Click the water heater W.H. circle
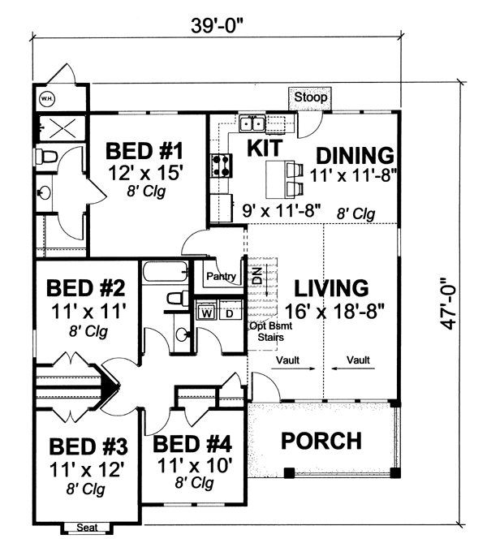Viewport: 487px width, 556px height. (x=47, y=99)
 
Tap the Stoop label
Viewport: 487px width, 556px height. (x=310, y=97)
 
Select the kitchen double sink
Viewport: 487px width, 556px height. (x=252, y=123)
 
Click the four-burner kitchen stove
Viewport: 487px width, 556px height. (x=221, y=166)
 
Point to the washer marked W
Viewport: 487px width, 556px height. (x=206, y=313)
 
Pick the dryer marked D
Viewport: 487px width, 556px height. (x=230, y=313)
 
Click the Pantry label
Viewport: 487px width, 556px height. (x=222, y=276)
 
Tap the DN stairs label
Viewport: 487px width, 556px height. (x=258, y=275)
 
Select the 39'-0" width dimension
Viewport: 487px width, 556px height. (x=218, y=25)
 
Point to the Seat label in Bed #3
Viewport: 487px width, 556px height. (x=87, y=528)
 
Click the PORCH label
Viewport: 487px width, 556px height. (x=321, y=441)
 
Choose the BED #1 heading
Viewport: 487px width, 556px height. (x=144, y=151)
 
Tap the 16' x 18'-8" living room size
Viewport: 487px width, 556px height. (x=334, y=312)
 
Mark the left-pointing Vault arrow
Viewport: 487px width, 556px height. (x=353, y=369)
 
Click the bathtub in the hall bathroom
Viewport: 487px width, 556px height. (x=165, y=272)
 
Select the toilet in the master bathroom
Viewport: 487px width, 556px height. (x=45, y=157)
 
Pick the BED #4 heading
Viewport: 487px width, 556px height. (x=192, y=444)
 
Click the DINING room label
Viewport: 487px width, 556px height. (x=355, y=155)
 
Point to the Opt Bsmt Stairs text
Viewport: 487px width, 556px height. (x=270, y=331)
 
